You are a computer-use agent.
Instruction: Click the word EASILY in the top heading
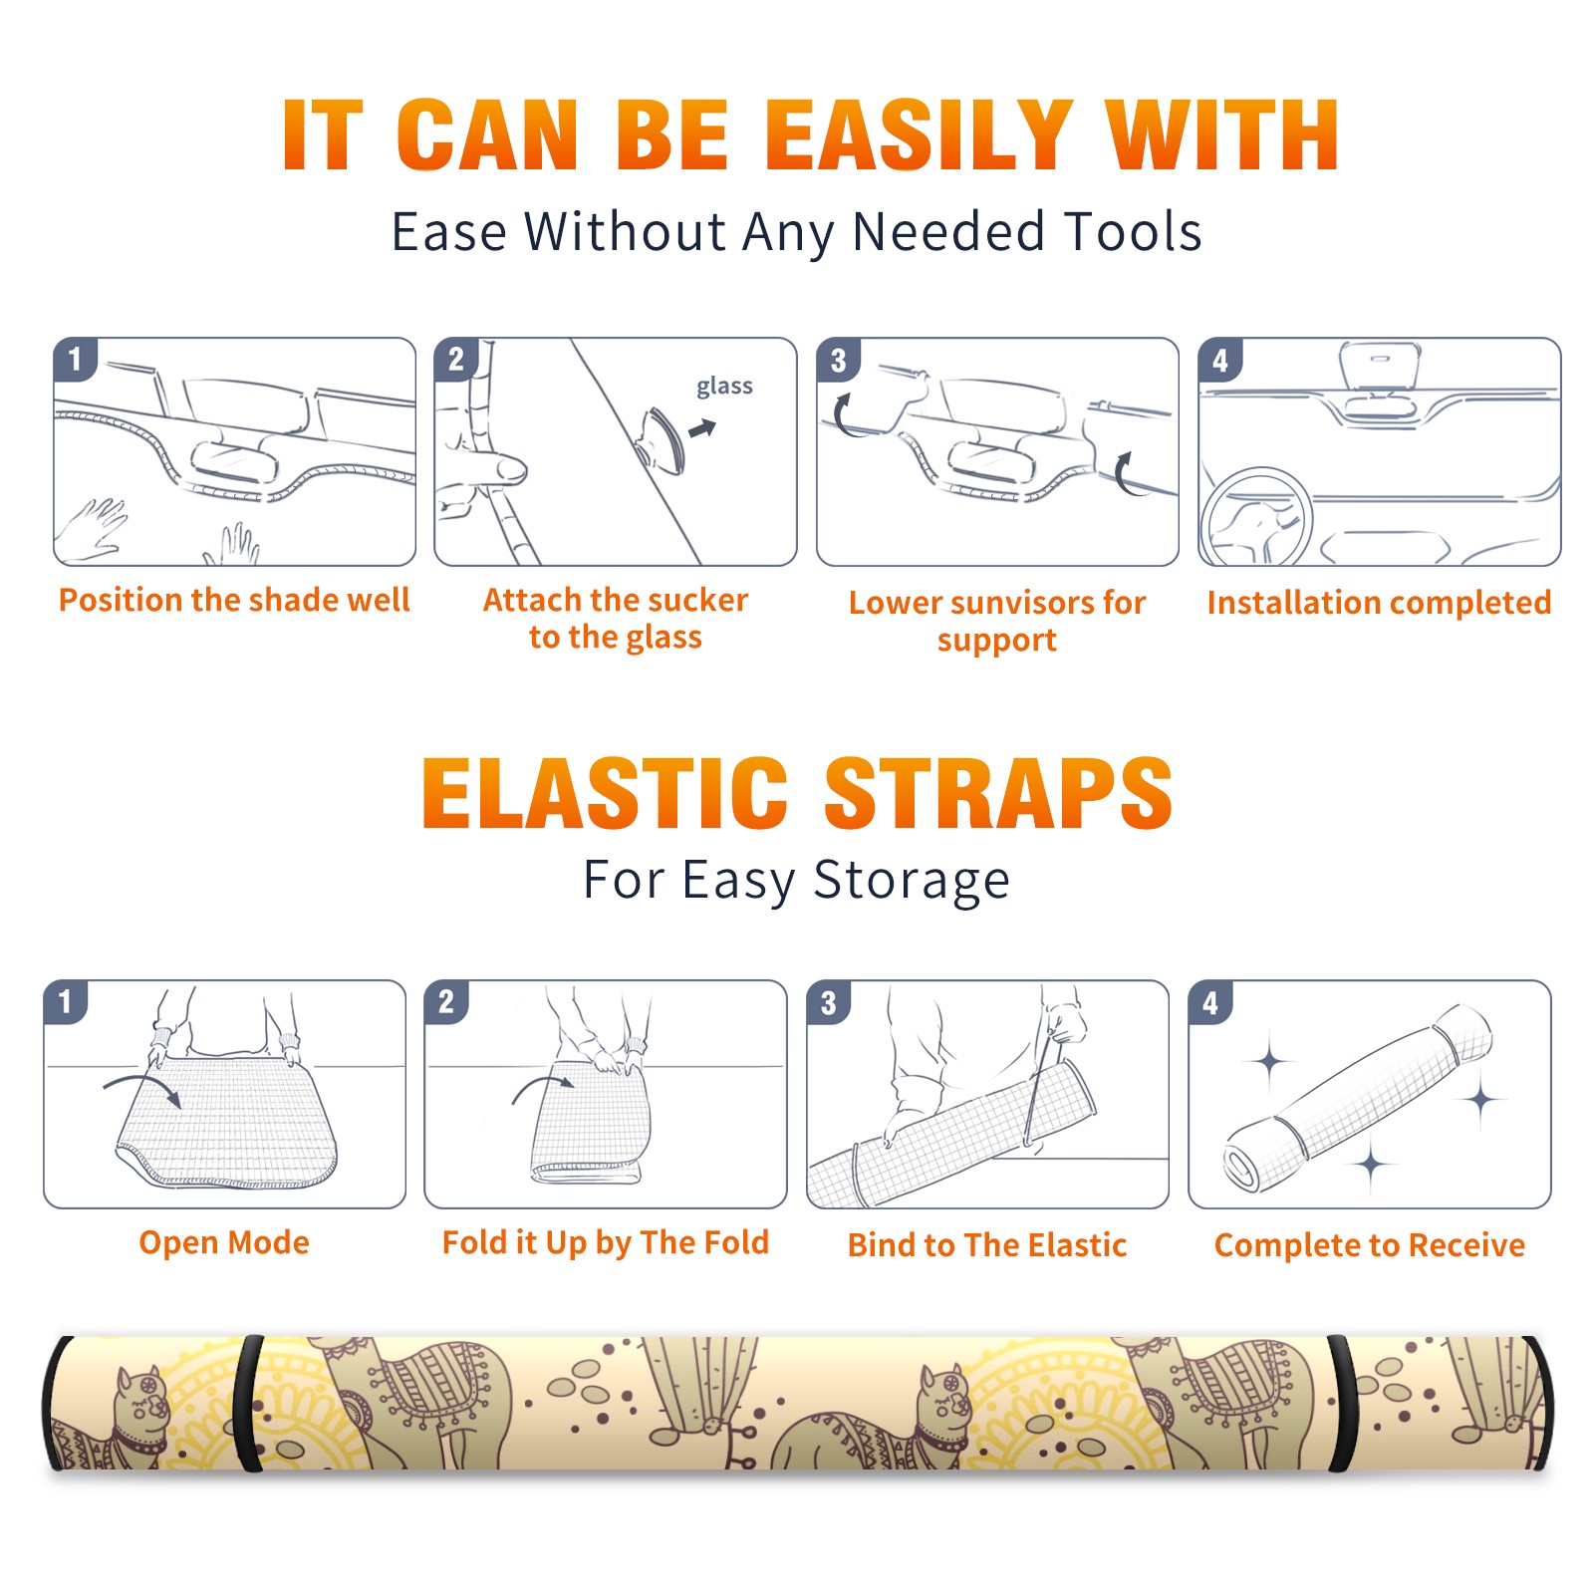click(x=920, y=134)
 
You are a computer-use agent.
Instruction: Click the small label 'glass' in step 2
click(x=724, y=387)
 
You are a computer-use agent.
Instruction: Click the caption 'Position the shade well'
click(x=234, y=600)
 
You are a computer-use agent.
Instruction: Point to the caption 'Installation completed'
click(x=1379, y=602)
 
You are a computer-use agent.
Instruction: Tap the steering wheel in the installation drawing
click(x=1257, y=517)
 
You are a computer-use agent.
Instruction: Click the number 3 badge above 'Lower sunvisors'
click(x=838, y=361)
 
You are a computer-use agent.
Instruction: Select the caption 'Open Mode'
click(x=224, y=1242)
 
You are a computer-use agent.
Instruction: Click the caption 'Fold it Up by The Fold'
click(x=606, y=1242)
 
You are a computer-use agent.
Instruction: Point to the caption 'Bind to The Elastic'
click(x=987, y=1244)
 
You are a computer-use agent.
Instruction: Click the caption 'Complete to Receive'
click(x=1370, y=1244)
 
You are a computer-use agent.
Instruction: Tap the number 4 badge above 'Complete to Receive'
click(x=1210, y=1002)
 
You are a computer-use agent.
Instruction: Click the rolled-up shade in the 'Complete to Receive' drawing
click(x=1358, y=1097)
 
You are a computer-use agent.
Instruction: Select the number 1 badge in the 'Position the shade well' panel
click(x=75, y=359)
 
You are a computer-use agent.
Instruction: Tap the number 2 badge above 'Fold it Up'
click(x=446, y=1002)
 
